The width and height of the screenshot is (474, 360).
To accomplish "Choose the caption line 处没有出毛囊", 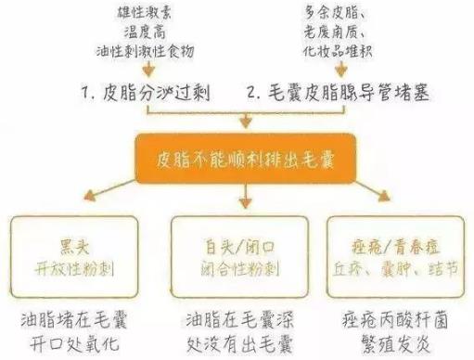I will click(x=237, y=345).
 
